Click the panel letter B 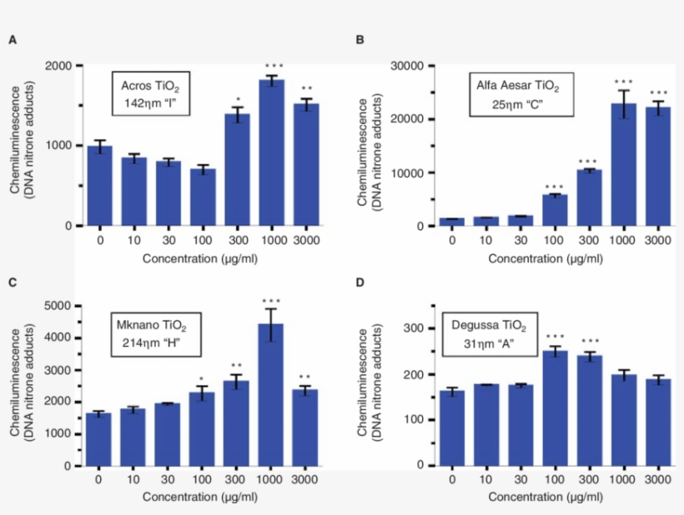(360, 40)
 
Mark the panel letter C (13, 282)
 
